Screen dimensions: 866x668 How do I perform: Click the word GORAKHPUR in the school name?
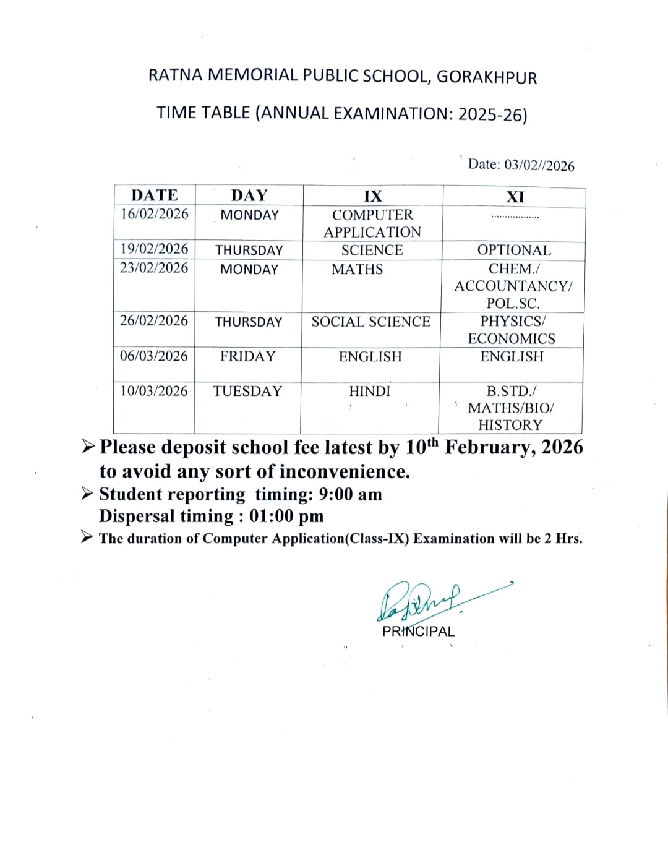[487, 77]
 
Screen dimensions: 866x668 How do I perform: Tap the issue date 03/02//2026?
[539, 165]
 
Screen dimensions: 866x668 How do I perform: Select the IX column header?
[372, 197]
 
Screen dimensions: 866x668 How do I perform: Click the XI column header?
[515, 197]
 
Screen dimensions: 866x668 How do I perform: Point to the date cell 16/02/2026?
[155, 214]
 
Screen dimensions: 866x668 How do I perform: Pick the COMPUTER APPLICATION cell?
[372, 223]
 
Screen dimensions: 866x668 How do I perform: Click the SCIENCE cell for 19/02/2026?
[372, 251]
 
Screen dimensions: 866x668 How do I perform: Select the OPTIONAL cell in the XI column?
[514, 251]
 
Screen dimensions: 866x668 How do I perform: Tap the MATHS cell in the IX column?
[358, 270]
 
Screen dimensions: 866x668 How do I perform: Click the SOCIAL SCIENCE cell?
[371, 322]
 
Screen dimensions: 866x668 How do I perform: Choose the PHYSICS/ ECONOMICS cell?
[512, 330]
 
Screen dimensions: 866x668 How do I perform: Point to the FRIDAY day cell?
[248, 356]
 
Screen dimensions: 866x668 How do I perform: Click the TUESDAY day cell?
[247, 391]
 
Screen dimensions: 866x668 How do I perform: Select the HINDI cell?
[370, 392]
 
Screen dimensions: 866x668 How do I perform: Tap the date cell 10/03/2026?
[154, 391]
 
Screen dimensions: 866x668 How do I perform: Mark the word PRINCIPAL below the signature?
[418, 632]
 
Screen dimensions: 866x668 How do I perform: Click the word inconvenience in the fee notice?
[345, 472]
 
